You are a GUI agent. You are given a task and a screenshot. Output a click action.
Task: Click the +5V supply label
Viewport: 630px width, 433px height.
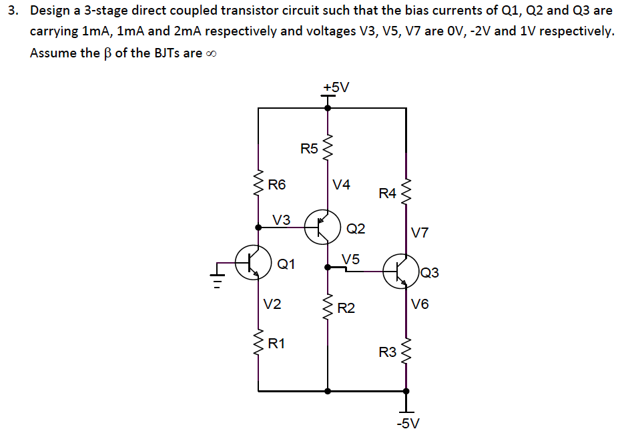click(336, 87)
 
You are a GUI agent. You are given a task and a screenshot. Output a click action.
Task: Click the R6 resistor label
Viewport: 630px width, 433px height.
click(276, 185)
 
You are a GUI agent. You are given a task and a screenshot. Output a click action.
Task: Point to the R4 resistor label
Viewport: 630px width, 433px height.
click(387, 194)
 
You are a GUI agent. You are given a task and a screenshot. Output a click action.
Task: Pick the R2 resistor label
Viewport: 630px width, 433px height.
click(346, 308)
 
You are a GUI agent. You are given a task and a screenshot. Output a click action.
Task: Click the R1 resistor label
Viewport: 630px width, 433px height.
click(276, 344)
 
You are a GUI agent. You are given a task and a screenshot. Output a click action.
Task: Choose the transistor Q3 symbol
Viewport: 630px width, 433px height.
click(401, 270)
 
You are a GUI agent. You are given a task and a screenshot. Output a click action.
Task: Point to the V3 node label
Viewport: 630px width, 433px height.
click(282, 219)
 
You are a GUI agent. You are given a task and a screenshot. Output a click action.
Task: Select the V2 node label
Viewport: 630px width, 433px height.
click(272, 304)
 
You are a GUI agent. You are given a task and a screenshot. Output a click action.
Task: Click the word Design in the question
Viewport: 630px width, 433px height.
click(51, 11)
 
